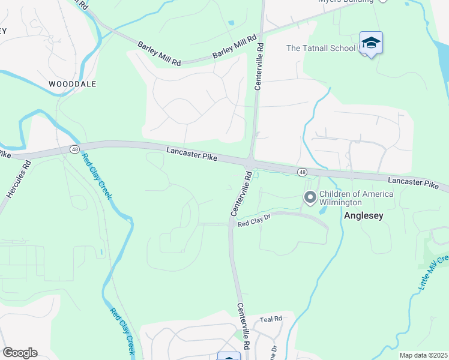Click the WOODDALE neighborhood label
click(x=71, y=84)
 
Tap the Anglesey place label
click(x=363, y=215)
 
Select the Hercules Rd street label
click(x=18, y=179)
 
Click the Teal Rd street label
click(x=271, y=319)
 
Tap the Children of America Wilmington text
click(x=356, y=198)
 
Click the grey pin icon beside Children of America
click(x=310, y=197)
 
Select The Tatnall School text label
click(x=321, y=48)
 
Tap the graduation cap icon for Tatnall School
click(x=371, y=43)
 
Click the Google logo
click(x=20, y=353)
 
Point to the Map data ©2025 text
click(x=424, y=355)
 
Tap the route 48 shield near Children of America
click(x=303, y=172)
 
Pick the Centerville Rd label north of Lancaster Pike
click(x=260, y=66)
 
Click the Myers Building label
click(x=345, y=1)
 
